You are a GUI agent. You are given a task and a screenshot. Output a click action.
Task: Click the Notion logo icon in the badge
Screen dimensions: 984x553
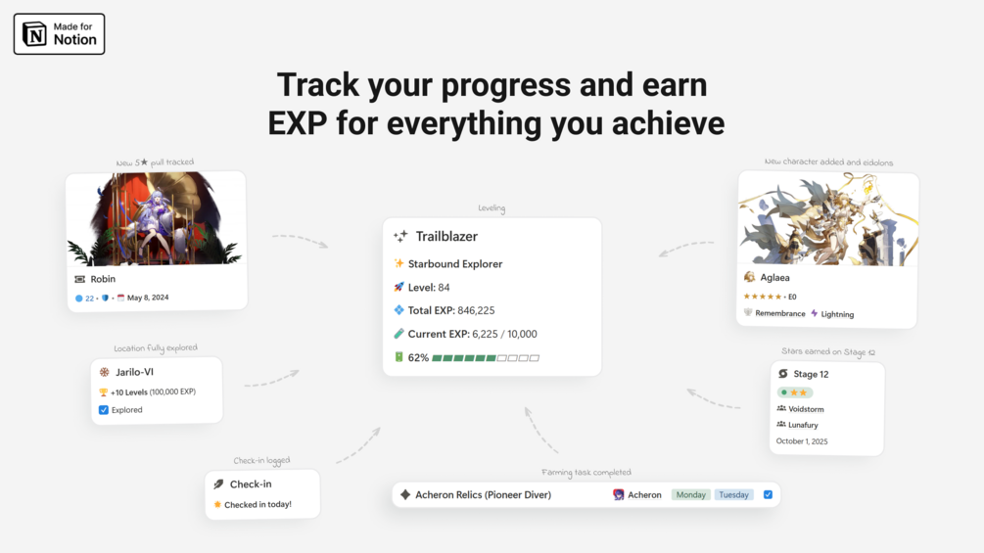tap(34, 34)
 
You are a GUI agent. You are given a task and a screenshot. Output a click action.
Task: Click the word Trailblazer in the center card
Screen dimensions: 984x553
tap(446, 237)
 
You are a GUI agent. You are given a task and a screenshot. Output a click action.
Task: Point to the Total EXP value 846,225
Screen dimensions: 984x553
tap(476, 310)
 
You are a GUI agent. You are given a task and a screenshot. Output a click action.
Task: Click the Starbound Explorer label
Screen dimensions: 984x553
tap(455, 264)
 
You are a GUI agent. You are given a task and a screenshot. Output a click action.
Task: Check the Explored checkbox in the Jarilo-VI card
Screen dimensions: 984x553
tap(104, 410)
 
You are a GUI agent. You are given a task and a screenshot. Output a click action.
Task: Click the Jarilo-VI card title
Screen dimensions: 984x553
tap(134, 372)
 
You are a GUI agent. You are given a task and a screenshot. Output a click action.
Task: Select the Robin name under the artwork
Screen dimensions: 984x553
tap(103, 279)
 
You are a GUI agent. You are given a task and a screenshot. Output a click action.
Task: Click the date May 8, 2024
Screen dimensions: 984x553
tap(148, 298)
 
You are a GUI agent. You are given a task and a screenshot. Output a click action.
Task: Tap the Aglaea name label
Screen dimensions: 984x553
tap(775, 277)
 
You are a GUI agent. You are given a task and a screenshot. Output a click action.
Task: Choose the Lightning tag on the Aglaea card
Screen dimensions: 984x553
tap(837, 314)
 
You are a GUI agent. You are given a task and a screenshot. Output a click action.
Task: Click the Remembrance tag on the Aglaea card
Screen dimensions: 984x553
tap(780, 313)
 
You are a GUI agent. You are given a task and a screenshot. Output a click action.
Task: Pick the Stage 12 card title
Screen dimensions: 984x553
tap(811, 374)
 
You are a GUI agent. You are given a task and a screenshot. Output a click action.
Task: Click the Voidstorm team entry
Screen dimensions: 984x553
tap(806, 409)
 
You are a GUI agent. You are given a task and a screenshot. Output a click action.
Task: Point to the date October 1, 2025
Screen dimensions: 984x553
tap(801, 441)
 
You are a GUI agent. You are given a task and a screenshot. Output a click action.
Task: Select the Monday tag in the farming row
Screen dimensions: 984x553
tap(691, 494)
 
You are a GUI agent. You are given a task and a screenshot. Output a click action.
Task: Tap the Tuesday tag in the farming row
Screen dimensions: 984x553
tap(733, 494)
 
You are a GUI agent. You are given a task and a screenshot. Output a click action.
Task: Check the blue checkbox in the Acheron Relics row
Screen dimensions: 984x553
tap(768, 494)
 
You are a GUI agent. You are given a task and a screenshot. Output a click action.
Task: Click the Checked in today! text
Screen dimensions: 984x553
tap(258, 505)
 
